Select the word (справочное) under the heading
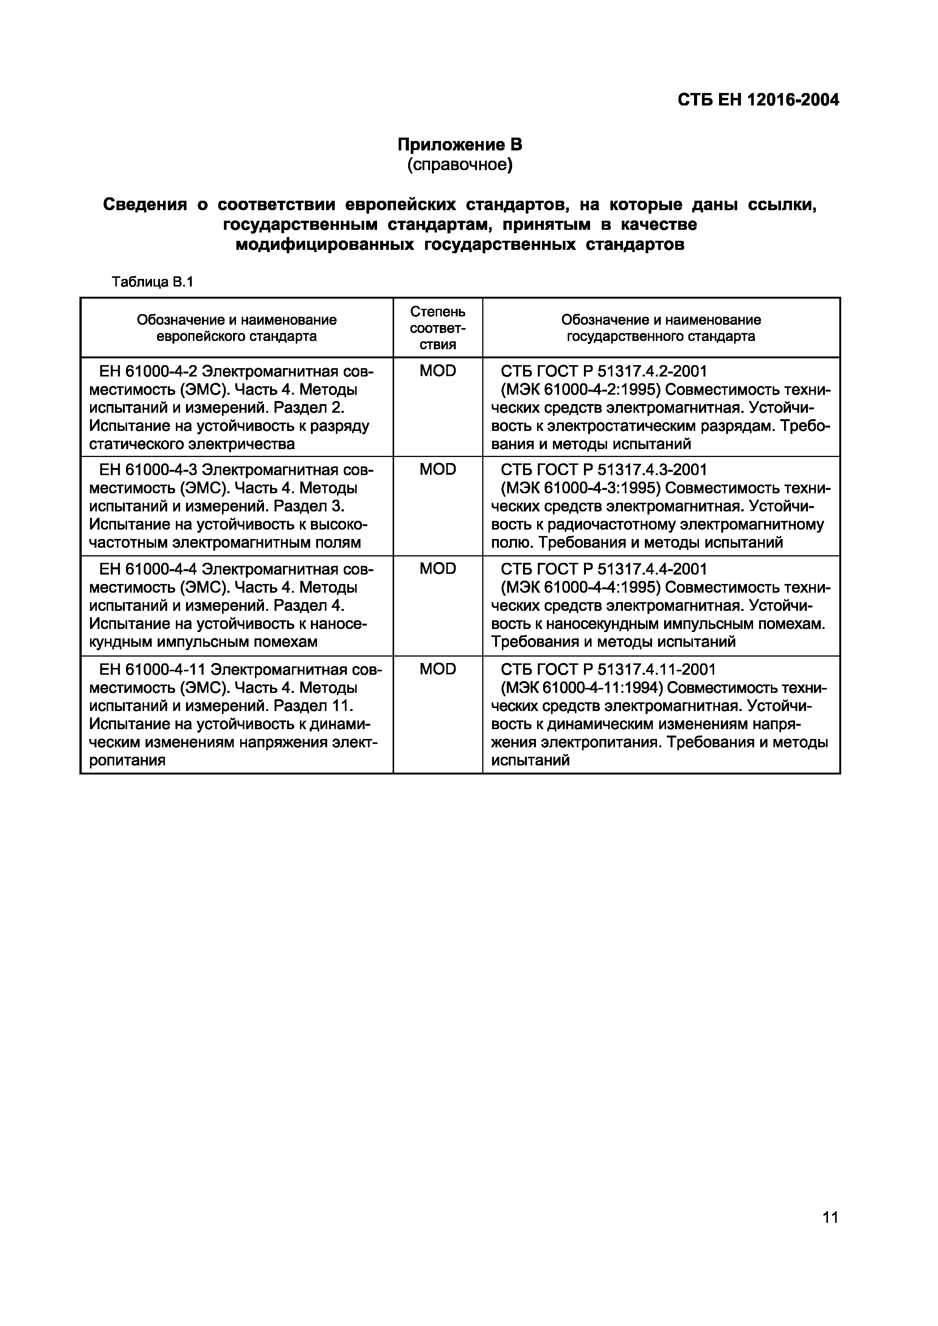[460, 165]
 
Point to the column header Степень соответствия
[438, 328]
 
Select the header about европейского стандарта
[236, 328]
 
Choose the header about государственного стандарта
[661, 328]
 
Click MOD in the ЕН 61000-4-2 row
[438, 371]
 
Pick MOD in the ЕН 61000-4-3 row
[438, 469]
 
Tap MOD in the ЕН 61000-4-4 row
[438, 569]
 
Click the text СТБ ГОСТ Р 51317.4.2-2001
[603, 371]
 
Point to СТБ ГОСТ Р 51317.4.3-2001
[603, 469]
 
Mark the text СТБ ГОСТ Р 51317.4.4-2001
[603, 569]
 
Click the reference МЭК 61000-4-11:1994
[581, 688]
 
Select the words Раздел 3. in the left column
[309, 507]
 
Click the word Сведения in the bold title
[144, 204]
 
